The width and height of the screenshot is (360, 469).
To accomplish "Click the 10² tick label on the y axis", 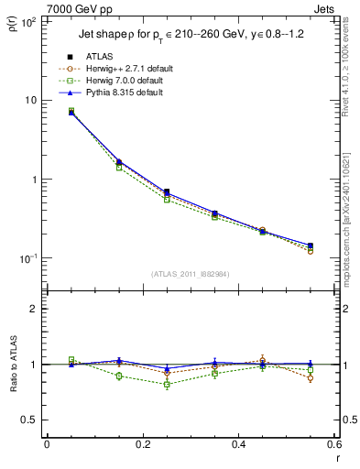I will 27,21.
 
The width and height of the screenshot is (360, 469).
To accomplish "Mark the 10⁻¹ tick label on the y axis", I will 27,259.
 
